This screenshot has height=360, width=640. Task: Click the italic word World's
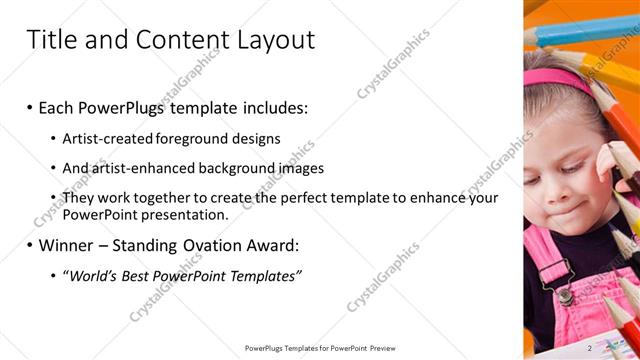(93, 275)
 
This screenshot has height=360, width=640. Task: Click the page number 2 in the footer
(590, 347)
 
